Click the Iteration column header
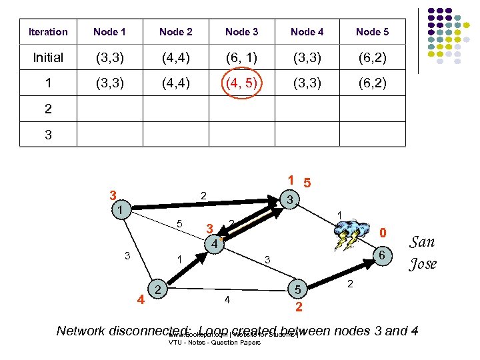click(x=48, y=32)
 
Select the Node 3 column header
click(x=241, y=32)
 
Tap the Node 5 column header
click(x=372, y=32)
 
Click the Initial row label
click(x=48, y=58)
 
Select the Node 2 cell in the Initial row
click(x=176, y=58)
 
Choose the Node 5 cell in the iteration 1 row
click(x=372, y=84)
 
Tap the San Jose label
click(x=423, y=253)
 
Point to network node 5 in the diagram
click(x=298, y=290)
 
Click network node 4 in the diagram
click(x=213, y=245)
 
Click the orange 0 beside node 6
click(x=383, y=233)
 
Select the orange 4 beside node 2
click(x=141, y=298)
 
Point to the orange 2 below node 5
click(x=299, y=307)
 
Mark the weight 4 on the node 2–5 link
click(x=227, y=300)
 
